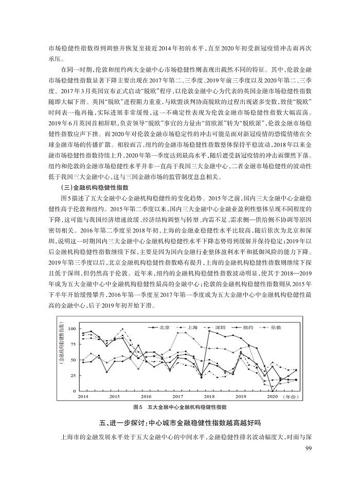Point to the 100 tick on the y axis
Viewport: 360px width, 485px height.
click(71, 329)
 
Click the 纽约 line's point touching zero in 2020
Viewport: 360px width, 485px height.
click(272, 391)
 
